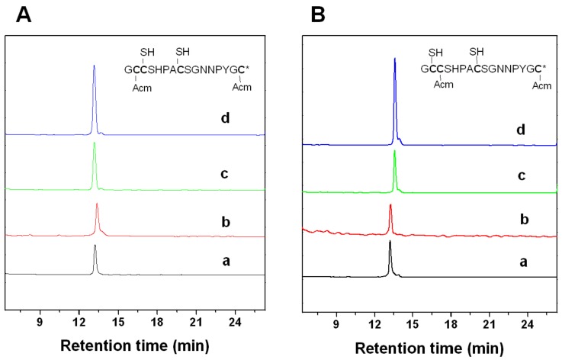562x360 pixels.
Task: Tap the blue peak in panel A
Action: [x=94, y=69]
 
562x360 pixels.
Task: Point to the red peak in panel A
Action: [x=97, y=207]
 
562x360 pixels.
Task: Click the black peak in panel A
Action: [x=95, y=249]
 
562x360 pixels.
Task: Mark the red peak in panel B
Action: [x=390, y=207]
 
